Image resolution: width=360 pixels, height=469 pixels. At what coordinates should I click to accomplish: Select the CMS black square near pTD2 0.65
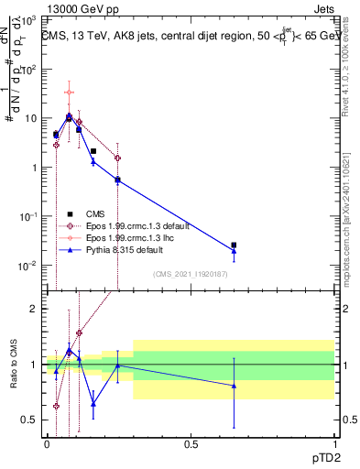[234, 245]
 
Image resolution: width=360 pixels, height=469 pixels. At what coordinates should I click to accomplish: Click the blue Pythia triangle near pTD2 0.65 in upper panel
[234, 251]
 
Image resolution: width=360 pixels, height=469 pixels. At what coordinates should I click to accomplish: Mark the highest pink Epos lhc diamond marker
[70, 93]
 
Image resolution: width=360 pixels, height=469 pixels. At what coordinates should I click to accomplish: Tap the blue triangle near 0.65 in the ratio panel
[234, 386]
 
